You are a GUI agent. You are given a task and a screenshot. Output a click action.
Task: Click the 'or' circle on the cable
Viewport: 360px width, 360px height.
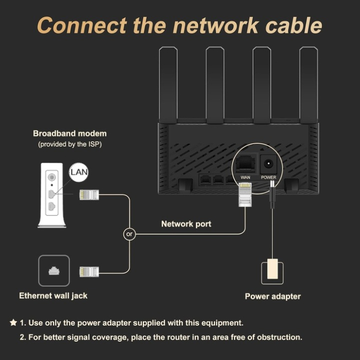coord(130,234)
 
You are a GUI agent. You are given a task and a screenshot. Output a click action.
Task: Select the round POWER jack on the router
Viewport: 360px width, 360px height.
coord(268,165)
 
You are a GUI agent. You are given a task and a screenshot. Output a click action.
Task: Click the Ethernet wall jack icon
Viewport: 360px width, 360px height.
coord(53,271)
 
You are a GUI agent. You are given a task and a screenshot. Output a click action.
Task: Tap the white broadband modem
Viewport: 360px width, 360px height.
coord(52,195)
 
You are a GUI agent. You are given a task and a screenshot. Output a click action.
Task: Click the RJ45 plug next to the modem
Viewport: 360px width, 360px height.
coord(88,195)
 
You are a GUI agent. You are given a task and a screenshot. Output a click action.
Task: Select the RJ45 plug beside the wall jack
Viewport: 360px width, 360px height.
coord(88,272)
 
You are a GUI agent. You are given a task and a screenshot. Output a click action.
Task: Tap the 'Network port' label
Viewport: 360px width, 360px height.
coord(186,224)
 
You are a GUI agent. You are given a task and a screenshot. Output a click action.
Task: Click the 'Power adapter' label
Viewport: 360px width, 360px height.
coord(273,296)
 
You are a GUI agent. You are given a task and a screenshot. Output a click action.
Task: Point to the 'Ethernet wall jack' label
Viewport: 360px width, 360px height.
coord(53,296)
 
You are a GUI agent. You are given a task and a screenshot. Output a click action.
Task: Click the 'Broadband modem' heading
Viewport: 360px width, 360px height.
coord(70,134)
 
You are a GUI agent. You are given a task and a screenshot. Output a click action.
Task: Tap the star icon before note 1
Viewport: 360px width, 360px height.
coord(13,323)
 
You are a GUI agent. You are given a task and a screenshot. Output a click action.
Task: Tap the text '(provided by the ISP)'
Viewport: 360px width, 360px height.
coord(70,145)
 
